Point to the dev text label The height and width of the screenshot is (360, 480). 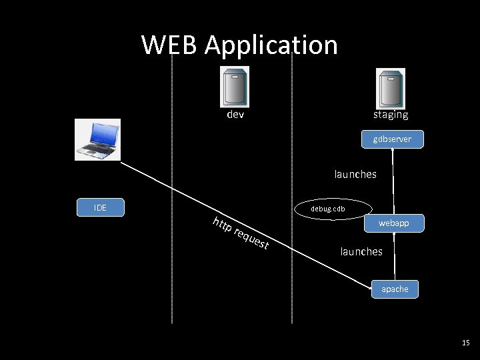point(235,115)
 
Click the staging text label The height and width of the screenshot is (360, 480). point(391,115)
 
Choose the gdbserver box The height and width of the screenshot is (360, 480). point(392,139)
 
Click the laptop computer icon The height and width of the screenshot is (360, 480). point(97,140)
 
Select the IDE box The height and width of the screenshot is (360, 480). point(100,207)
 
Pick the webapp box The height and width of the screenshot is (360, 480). point(393,223)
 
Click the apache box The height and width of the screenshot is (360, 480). point(395,289)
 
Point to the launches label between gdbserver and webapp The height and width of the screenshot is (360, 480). point(355,174)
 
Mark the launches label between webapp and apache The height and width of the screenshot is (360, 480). point(361,251)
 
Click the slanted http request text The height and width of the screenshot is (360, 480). point(240,233)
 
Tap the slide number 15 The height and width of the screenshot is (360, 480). point(465,343)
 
